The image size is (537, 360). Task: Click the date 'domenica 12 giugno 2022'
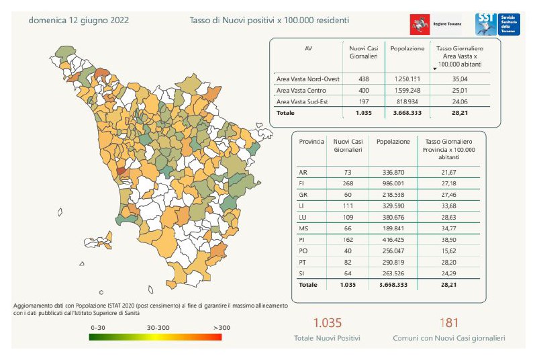click(79, 20)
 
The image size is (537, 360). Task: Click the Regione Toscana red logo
click(421, 25)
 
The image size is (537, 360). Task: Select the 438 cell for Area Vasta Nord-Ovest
click(364, 79)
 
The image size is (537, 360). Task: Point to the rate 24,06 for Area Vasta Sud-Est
click(460, 101)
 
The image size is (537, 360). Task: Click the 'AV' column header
click(308, 49)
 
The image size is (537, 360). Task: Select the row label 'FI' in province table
click(302, 183)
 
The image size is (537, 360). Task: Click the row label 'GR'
click(303, 194)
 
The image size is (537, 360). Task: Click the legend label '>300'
click(211, 327)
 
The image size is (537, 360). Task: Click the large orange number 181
click(449, 323)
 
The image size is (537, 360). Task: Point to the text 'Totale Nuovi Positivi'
click(327, 339)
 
